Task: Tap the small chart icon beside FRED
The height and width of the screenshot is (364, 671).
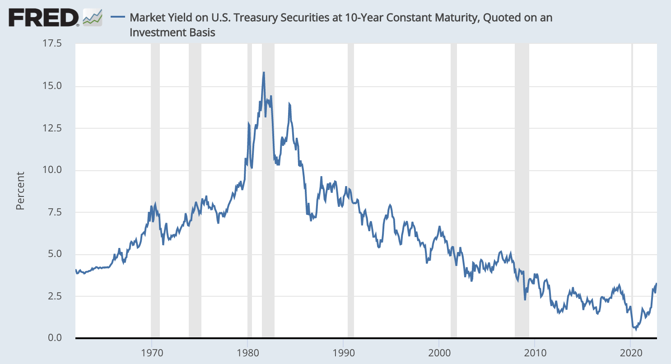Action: [x=92, y=18]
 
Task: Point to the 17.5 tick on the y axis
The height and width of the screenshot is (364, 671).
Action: [x=53, y=44]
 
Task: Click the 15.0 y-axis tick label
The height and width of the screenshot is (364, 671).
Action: [x=53, y=86]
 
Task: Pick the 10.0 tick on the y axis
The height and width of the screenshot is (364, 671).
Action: [x=53, y=170]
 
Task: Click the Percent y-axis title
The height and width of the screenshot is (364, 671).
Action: [x=20, y=191]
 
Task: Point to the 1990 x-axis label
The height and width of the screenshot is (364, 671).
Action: [x=344, y=352]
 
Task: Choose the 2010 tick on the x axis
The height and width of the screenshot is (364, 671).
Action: [x=535, y=352]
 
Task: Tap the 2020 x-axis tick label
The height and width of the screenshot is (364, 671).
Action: [x=631, y=352]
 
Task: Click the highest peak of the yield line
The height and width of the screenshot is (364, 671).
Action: [x=263, y=72]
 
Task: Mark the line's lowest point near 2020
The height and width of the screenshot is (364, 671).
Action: [x=636, y=329]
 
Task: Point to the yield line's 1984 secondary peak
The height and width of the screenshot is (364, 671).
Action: [x=289, y=104]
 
